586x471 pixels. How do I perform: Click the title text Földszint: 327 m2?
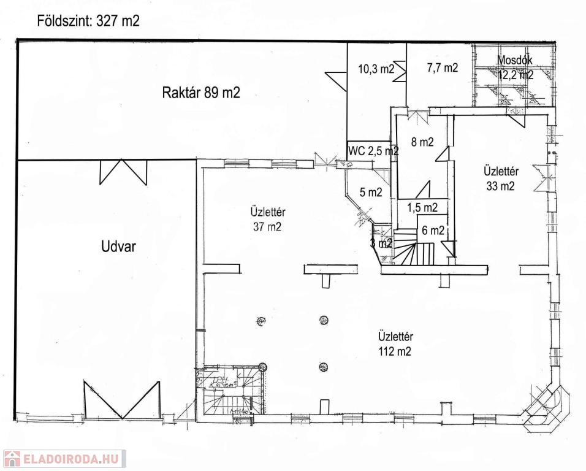(88, 21)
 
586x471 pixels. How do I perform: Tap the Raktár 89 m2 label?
(200, 93)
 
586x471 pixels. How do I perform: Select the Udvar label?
(118, 247)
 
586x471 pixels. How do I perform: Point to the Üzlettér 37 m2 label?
(268, 220)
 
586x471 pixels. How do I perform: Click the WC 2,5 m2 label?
(373, 150)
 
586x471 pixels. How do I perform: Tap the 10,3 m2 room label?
(376, 69)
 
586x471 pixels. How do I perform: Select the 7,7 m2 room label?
(442, 68)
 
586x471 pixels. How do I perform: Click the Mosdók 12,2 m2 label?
(515, 67)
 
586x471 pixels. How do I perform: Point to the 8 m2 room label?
(422, 142)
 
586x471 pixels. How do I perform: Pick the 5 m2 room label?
(371, 192)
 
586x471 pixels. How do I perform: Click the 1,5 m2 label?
(422, 207)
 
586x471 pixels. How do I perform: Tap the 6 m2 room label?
(433, 231)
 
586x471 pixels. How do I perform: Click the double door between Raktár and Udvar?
(123, 171)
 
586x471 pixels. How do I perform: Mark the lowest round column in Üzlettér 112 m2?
(323, 367)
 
